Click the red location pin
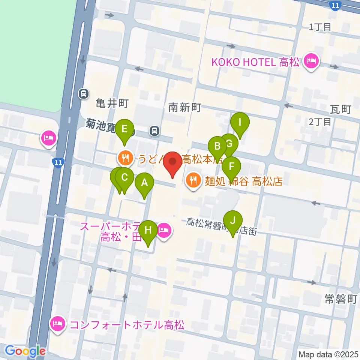(173, 163)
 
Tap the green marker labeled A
(144, 184)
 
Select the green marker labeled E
(124, 130)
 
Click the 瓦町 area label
(340, 109)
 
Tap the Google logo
(25, 351)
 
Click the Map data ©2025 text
(329, 354)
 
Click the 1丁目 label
(320, 27)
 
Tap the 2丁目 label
(320, 121)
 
